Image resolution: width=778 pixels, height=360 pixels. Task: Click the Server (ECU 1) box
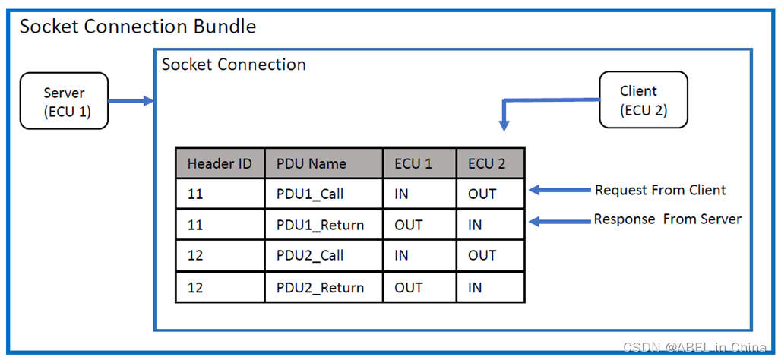(64, 101)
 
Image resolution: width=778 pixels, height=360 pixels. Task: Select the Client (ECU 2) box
(644, 99)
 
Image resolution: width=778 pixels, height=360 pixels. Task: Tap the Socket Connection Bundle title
(138, 27)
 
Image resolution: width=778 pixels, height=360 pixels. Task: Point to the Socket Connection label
(234, 65)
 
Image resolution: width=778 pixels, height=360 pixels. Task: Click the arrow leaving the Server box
(131, 101)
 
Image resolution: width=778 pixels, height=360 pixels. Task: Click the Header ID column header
(220, 163)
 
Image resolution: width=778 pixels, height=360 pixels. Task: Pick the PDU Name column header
(324, 163)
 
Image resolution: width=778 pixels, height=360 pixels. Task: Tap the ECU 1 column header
(419, 163)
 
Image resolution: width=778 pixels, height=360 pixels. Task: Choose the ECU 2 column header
(490, 163)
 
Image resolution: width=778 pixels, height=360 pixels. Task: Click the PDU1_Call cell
(324, 194)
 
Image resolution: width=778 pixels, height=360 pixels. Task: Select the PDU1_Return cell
(324, 225)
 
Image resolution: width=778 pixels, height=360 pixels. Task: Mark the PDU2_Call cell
(324, 256)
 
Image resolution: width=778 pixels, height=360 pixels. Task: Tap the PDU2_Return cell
(324, 287)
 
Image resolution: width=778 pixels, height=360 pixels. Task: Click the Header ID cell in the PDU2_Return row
(220, 287)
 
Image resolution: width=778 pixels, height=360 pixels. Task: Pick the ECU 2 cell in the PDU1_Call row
(490, 194)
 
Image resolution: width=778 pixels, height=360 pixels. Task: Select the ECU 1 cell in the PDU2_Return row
(419, 287)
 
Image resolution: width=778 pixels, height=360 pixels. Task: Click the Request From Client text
(660, 190)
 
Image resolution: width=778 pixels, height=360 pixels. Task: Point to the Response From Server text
(668, 219)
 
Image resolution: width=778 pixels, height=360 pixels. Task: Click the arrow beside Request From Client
(558, 190)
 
